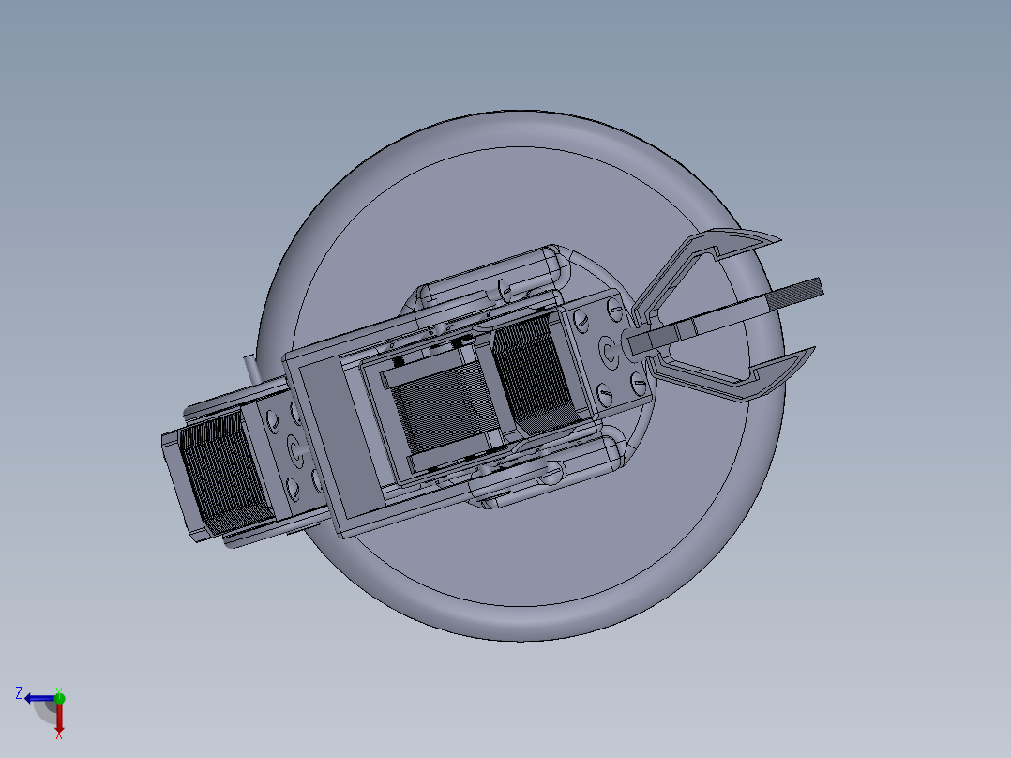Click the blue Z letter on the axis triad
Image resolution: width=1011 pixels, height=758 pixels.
pos(19,693)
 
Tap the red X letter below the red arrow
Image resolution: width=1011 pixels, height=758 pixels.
pos(59,735)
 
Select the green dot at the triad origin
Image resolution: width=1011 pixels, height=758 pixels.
pos(59,698)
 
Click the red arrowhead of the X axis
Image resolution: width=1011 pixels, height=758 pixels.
pos(59,726)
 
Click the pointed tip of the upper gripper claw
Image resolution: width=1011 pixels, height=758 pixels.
pos(781,241)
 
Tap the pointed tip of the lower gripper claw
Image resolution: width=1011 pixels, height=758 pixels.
pos(815,348)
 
